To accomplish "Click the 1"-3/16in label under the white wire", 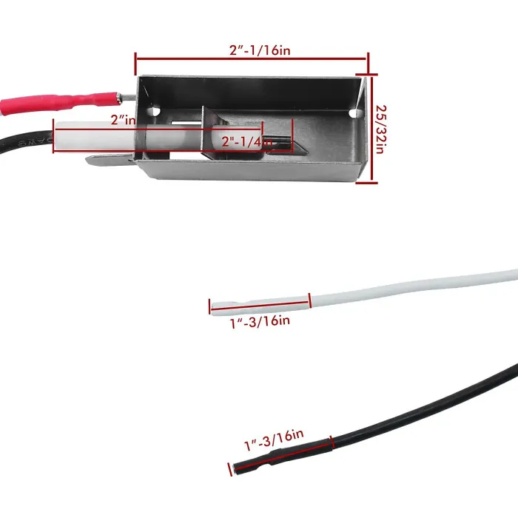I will (x=260, y=321).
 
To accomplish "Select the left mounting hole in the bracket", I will (x=155, y=110).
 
